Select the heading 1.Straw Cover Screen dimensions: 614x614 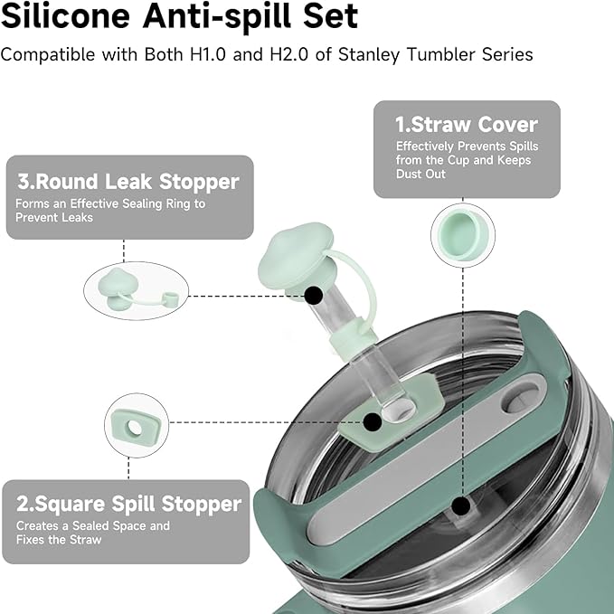467,125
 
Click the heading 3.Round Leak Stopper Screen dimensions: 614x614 128,182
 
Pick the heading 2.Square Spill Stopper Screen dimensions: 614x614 129,504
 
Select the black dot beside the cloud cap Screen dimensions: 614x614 314,295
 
